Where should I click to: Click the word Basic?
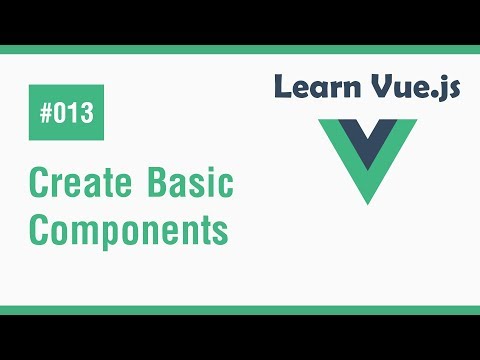coord(187,185)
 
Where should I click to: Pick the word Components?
coord(129,230)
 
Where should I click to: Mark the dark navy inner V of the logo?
coord(366,140)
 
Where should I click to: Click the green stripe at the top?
coord(240,50)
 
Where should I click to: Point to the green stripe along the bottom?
coord(240,309)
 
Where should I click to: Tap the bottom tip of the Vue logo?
coord(366,201)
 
